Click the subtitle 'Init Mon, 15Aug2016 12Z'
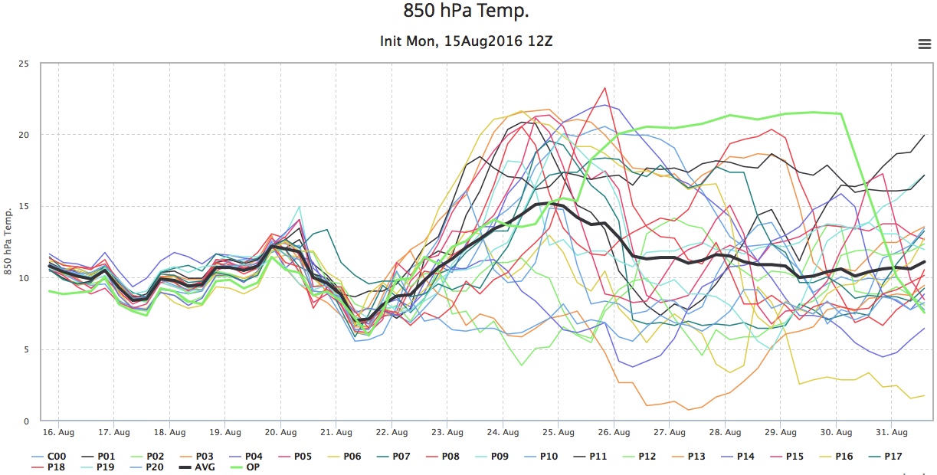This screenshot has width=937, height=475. [466, 41]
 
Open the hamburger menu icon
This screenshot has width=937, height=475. [924, 44]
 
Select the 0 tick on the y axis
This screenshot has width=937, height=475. [26, 421]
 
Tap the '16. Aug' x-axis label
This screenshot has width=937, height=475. [58, 433]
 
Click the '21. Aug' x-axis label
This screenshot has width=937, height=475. [336, 433]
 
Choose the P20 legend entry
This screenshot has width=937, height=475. [146, 467]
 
